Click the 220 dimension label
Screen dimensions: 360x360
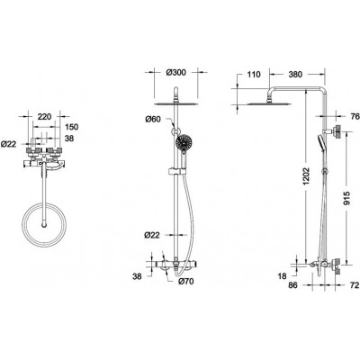44,116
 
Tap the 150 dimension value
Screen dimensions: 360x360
71,127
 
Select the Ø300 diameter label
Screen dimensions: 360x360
175,73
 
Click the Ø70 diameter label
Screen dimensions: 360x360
185,281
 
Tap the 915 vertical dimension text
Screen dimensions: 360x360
346,199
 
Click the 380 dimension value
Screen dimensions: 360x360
295,74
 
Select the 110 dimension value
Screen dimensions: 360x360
254,74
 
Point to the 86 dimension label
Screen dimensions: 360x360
292,285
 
